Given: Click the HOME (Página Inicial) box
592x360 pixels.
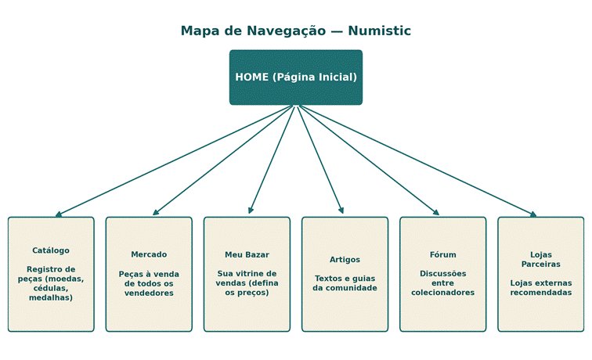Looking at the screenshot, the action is (x=296, y=77).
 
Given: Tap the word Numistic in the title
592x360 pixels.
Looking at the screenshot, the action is (x=379, y=31).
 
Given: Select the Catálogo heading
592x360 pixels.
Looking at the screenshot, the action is (x=51, y=250).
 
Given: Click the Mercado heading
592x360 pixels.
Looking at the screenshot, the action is (x=149, y=254).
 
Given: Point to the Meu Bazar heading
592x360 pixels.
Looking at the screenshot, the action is (x=247, y=254).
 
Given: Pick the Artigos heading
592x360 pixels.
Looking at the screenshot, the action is (x=345, y=260).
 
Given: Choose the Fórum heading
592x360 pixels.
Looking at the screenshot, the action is (x=443, y=254).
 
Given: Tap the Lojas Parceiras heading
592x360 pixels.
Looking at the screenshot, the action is (x=540, y=259).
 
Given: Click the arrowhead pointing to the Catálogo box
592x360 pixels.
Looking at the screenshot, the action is (x=59, y=214).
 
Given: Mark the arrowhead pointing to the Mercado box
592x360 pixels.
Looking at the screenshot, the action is (x=156, y=212).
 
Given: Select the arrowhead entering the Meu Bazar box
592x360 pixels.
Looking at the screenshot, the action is (x=251, y=211).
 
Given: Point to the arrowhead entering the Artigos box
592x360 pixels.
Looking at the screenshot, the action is (x=341, y=211).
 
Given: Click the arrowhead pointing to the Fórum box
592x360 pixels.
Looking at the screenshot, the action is (x=435, y=212).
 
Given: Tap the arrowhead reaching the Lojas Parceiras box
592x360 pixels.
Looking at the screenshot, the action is (x=533, y=214).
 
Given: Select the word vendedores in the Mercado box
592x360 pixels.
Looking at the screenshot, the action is (x=149, y=293).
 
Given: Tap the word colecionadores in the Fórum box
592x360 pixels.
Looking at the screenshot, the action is (x=443, y=293).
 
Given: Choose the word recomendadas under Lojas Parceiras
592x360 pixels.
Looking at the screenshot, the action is (x=540, y=293).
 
